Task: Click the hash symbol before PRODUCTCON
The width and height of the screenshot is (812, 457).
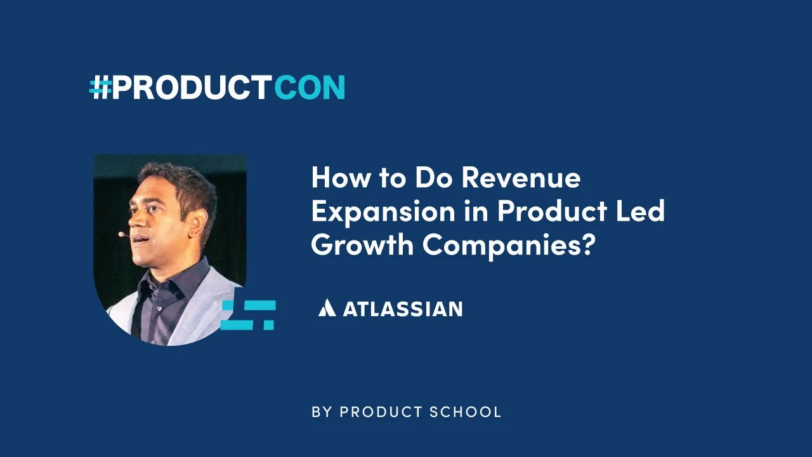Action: tap(100, 88)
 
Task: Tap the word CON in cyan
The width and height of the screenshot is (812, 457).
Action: tap(310, 88)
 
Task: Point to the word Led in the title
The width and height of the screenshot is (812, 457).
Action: tap(641, 212)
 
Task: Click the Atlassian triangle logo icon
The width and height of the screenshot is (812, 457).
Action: tap(327, 308)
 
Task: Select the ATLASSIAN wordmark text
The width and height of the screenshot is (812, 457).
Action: tap(402, 309)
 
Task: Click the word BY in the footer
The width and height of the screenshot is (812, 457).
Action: tap(322, 412)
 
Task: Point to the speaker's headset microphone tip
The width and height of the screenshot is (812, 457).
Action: tap(121, 234)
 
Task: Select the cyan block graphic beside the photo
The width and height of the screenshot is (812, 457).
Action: tap(248, 315)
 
